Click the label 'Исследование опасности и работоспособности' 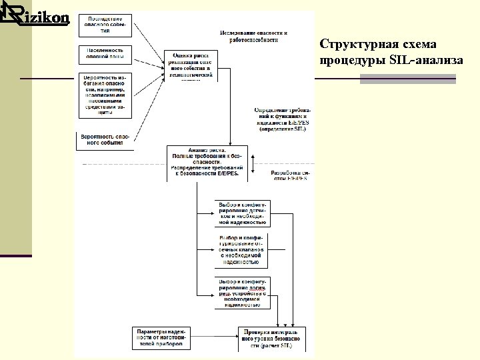pos(253,37)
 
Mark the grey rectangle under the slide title pos(407,79)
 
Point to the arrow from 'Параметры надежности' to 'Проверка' pos(214,338)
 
